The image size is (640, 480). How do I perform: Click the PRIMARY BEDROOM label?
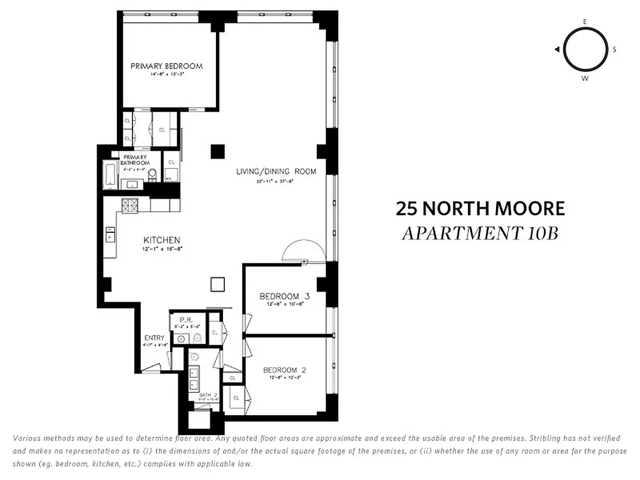click(167, 66)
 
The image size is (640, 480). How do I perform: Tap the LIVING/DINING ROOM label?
click(276, 172)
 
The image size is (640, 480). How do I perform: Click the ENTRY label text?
click(154, 338)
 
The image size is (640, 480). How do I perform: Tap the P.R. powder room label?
click(185, 320)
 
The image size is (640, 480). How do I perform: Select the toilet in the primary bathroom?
click(152, 175)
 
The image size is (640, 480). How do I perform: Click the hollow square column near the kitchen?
click(217, 284)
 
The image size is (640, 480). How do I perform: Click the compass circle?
click(585, 50)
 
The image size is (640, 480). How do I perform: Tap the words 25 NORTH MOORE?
click(480, 209)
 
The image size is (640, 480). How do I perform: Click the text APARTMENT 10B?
click(480, 233)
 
